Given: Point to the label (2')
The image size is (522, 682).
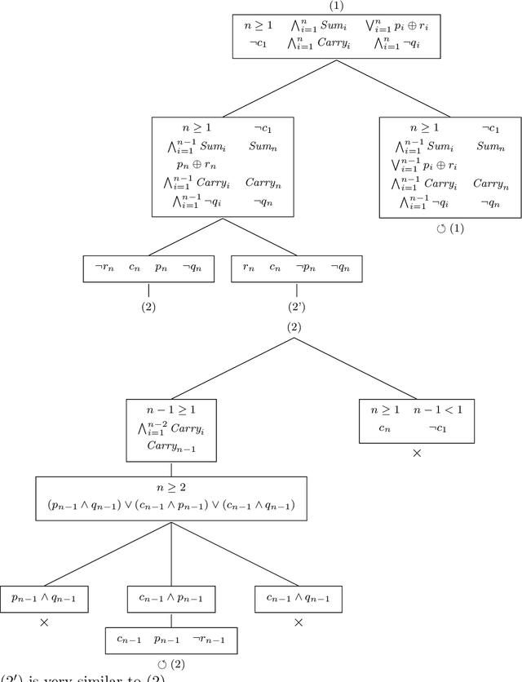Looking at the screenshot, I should [296, 308].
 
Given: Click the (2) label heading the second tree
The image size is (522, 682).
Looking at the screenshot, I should [294, 326].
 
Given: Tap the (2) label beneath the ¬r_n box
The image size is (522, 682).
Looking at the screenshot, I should [148, 308].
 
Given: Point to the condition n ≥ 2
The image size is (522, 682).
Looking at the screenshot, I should [170, 488].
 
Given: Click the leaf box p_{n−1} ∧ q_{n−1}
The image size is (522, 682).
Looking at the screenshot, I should [43, 599].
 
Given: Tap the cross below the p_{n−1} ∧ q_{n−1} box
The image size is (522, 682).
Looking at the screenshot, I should [43, 622].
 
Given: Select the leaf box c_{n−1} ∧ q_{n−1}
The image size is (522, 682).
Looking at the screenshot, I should [298, 599].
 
